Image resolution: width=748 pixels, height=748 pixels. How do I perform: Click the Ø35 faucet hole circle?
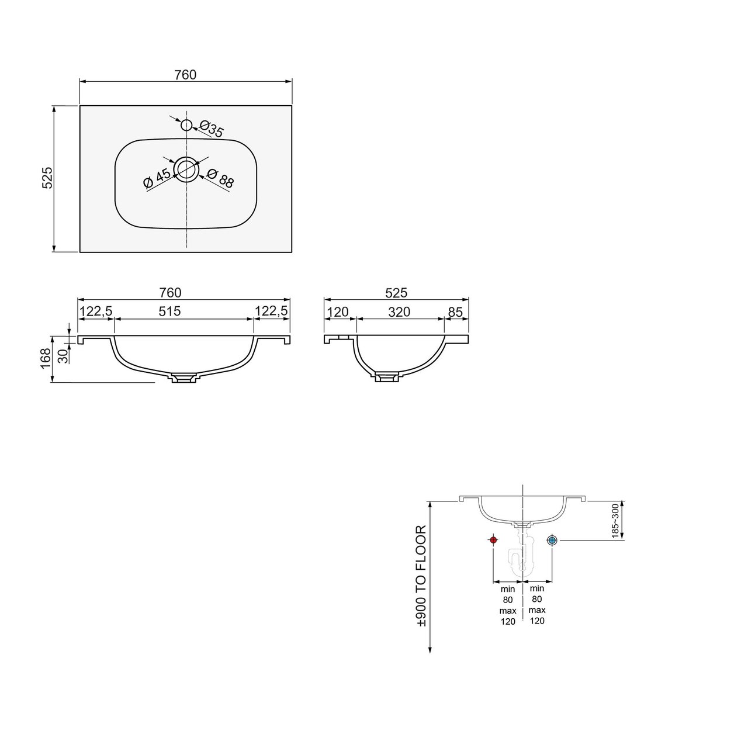[187, 120]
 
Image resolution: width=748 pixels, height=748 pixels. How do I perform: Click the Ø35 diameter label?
[212, 129]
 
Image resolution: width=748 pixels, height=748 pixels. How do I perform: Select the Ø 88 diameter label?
[220, 179]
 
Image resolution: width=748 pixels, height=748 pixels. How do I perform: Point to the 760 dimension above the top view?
[186, 75]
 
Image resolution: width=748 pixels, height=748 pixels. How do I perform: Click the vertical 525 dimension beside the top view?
[47, 178]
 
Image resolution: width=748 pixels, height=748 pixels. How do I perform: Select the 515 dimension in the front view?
[169, 311]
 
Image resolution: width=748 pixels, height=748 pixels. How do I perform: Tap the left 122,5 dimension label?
[96, 311]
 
